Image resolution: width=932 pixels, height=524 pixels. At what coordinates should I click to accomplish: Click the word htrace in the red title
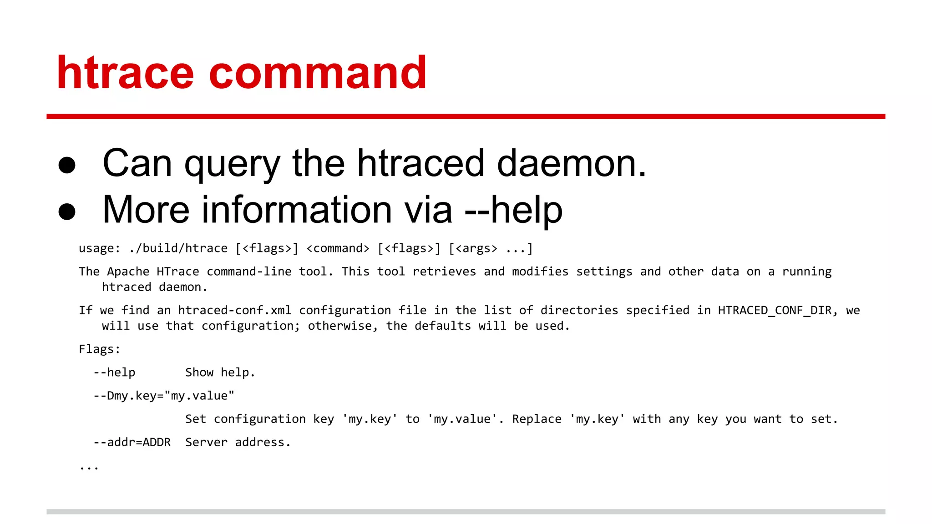[x=125, y=73]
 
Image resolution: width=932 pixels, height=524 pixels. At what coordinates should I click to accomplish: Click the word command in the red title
[x=318, y=73]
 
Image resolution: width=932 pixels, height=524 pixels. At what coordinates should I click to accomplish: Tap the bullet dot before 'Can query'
[x=67, y=165]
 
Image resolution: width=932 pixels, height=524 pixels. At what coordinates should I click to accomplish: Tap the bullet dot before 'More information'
[x=67, y=212]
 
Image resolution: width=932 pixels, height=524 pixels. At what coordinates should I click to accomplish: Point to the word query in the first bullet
[x=232, y=165]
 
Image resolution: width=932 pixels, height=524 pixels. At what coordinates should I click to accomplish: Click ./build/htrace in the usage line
[x=178, y=248]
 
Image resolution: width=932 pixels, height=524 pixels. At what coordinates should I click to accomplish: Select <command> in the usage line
[x=338, y=248]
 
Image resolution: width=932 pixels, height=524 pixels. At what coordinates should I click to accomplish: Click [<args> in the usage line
[x=473, y=248]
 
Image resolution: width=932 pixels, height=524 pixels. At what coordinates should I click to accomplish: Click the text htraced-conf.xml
[x=234, y=310]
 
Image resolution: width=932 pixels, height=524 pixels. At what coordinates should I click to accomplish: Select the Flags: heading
[x=100, y=349]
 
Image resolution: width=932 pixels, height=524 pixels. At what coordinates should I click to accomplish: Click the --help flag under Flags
[x=114, y=373]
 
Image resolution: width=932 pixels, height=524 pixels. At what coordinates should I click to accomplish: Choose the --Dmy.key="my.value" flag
[x=164, y=396]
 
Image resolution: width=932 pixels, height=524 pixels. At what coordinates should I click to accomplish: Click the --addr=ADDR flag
[x=132, y=442]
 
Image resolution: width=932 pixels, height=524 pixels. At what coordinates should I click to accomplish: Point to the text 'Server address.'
[x=238, y=442]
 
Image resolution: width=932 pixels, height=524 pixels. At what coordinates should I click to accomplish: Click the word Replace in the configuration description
[x=537, y=419]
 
